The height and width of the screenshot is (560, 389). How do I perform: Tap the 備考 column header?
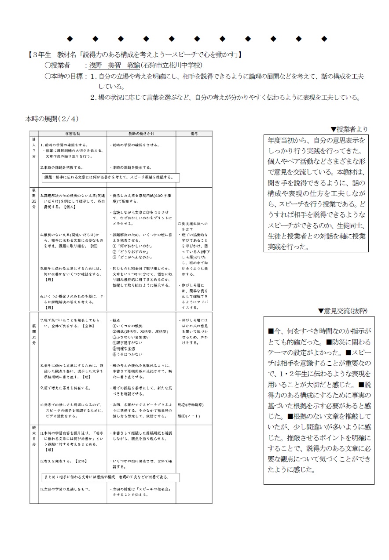click(x=194, y=133)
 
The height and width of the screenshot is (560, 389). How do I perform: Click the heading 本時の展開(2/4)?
click(x=52, y=119)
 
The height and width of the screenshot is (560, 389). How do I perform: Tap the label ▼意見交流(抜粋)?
click(x=343, y=311)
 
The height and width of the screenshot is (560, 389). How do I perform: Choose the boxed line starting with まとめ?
click(x=105, y=477)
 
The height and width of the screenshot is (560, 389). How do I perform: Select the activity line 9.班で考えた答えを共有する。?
click(x=65, y=388)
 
